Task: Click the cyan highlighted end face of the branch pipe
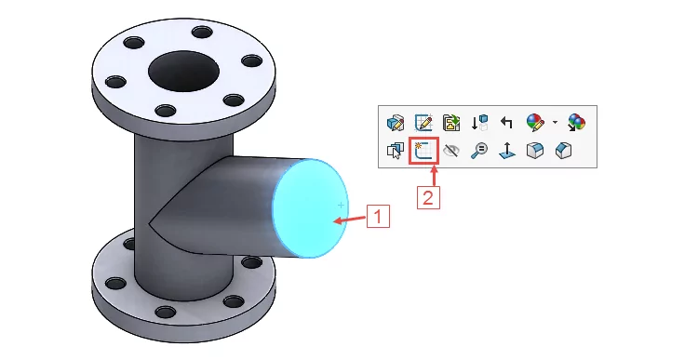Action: pyautogui.click(x=310, y=208)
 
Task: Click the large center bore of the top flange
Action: pyautogui.click(x=183, y=72)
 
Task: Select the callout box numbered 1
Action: pyautogui.click(x=378, y=216)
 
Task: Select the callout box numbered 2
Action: pyautogui.click(x=428, y=197)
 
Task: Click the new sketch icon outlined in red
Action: pyautogui.click(x=423, y=151)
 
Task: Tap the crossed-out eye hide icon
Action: pyautogui.click(x=451, y=151)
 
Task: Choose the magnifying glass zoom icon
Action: pyautogui.click(x=479, y=151)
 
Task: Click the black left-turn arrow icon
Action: pyautogui.click(x=506, y=123)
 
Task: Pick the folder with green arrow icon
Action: pyautogui.click(x=451, y=123)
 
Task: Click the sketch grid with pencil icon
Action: pyautogui.click(x=423, y=123)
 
